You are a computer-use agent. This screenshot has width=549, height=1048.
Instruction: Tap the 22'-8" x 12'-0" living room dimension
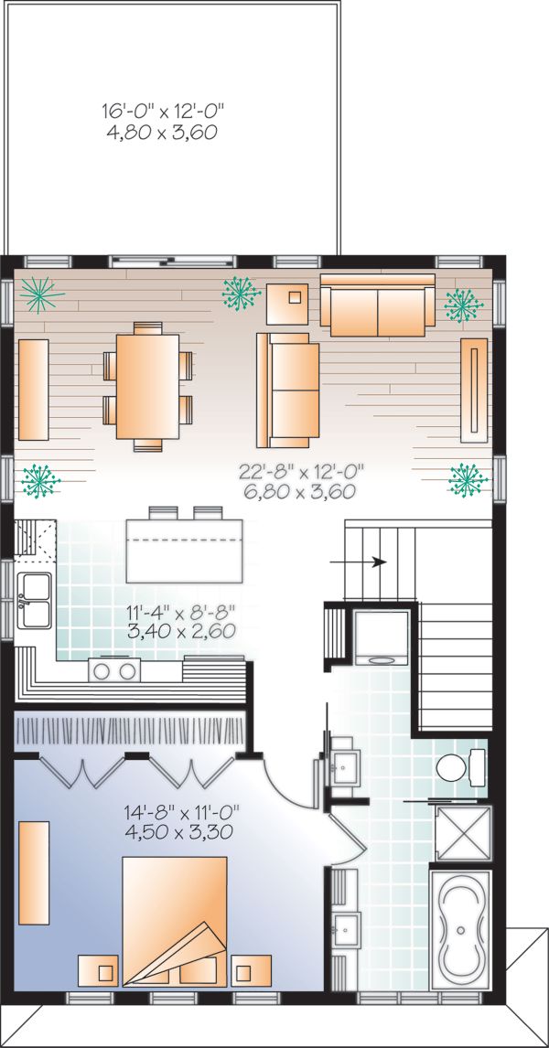tap(301, 481)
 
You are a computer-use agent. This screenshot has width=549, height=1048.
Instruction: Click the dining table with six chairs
tap(147, 386)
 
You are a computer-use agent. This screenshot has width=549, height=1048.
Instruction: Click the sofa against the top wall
tap(377, 304)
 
